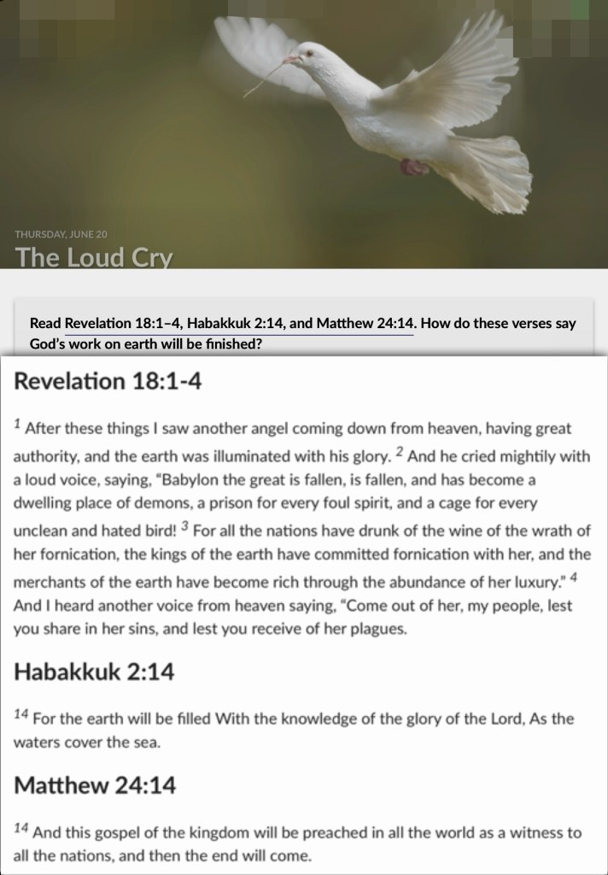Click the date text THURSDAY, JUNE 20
pyautogui.click(x=61, y=233)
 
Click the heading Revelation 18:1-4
pyautogui.click(x=105, y=381)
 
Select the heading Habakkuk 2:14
pyautogui.click(x=94, y=672)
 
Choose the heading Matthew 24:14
pyautogui.click(x=95, y=784)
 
